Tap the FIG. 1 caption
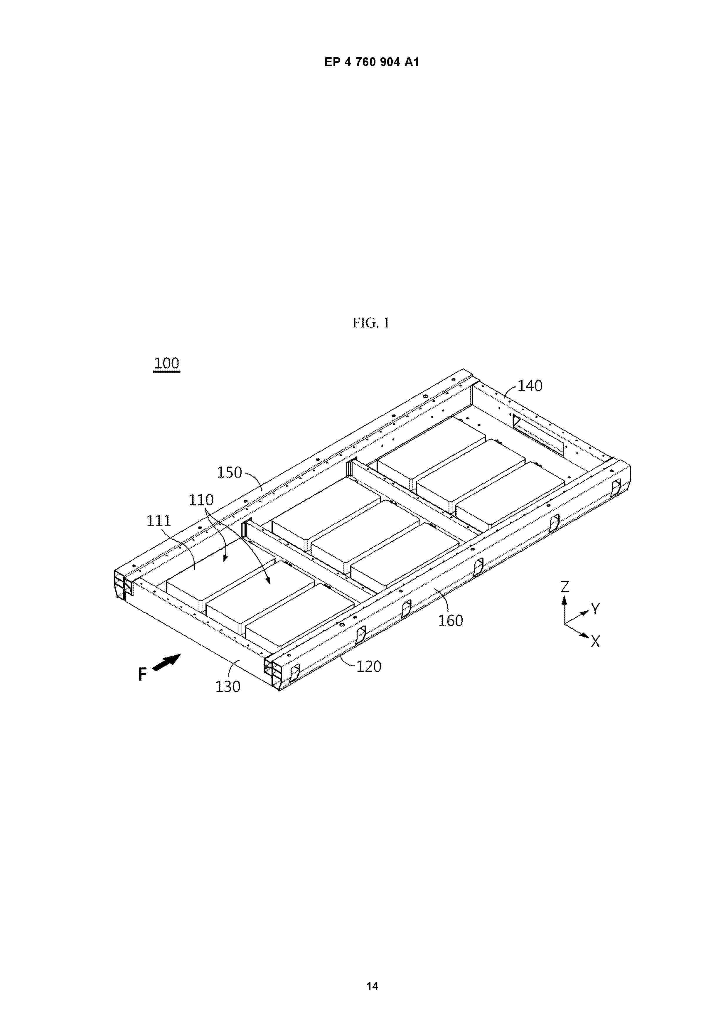click(x=371, y=323)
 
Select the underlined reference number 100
click(x=167, y=363)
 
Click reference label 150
click(x=230, y=472)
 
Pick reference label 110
click(x=201, y=500)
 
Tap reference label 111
click(x=159, y=521)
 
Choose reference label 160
click(x=450, y=620)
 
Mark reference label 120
click(x=369, y=667)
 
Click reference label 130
click(x=228, y=687)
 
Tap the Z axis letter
click(x=565, y=586)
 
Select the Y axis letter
click(x=595, y=609)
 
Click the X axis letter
click(x=595, y=642)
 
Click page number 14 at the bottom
click(x=372, y=986)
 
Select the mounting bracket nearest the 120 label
click(x=360, y=635)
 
